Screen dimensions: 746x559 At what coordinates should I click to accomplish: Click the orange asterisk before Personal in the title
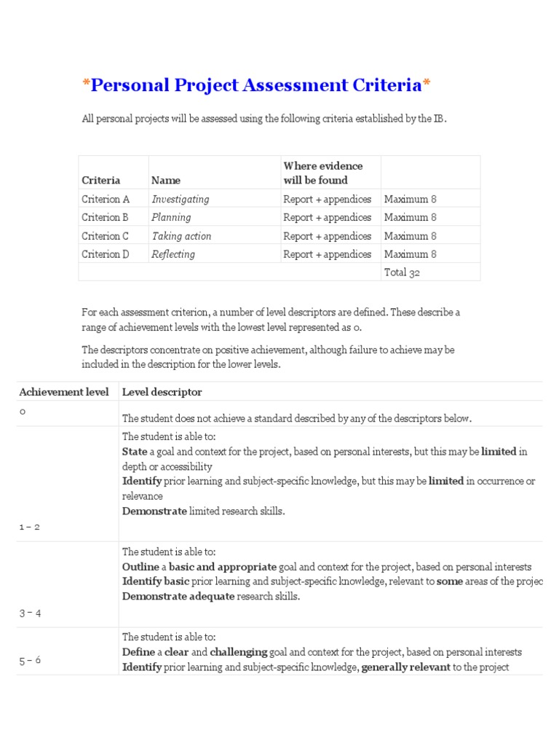[x=85, y=84]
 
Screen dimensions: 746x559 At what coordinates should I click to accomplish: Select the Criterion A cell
[x=106, y=199]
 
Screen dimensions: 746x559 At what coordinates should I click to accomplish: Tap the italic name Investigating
[x=180, y=199]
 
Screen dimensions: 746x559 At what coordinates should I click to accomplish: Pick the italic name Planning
[x=171, y=217]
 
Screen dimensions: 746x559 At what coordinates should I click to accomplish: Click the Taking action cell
[x=181, y=236]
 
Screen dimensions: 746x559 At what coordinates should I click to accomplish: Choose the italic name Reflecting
[x=173, y=254]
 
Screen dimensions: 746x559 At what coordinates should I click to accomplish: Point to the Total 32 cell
[x=402, y=272]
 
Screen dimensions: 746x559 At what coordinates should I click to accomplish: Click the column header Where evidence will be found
[x=322, y=173]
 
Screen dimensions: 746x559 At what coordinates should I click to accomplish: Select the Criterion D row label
[x=106, y=254]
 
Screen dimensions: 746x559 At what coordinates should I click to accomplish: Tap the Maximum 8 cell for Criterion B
[x=411, y=217]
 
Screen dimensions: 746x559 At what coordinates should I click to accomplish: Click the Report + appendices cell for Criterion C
[x=327, y=236]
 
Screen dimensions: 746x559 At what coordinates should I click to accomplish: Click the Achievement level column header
[x=64, y=392]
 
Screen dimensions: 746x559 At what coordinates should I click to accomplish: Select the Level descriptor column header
[x=162, y=392]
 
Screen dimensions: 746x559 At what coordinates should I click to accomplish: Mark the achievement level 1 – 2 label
[x=29, y=527]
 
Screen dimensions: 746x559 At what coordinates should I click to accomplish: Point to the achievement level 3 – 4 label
[x=30, y=613]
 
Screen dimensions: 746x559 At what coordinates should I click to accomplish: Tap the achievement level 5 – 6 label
[x=30, y=660]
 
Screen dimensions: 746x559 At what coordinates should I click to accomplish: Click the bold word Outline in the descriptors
[x=140, y=567]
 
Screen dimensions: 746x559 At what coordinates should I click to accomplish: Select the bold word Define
[x=138, y=652]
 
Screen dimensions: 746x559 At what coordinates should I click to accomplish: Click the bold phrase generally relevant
[x=405, y=667]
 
